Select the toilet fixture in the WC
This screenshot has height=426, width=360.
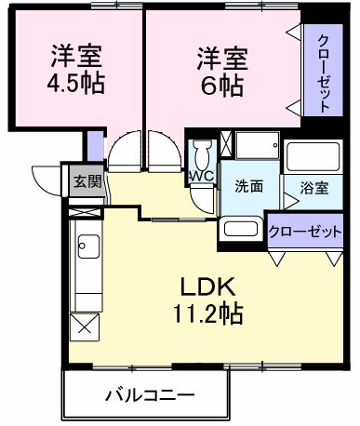coord(202,153)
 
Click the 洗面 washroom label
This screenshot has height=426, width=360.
coord(247,186)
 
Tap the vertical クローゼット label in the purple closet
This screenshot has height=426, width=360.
coord(323,72)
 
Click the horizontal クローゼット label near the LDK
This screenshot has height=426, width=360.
coord(305,232)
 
